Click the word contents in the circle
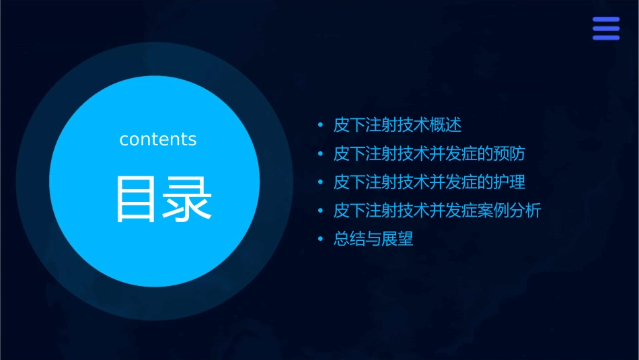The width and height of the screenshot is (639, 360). coord(158,139)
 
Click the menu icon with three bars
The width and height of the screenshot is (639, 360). coord(605,28)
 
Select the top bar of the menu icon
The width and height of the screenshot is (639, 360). coord(605,20)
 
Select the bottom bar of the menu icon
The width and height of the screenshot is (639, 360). coord(605,38)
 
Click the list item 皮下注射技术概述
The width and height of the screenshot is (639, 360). coord(398,125)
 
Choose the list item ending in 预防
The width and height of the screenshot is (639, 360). coord(429,153)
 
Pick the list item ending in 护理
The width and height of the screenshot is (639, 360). coord(429,182)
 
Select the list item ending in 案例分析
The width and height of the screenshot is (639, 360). coord(437,211)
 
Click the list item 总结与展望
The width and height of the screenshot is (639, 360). coord(373,239)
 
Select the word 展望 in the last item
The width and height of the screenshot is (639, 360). coord(398,239)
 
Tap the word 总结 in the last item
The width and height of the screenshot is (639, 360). coord(350,239)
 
